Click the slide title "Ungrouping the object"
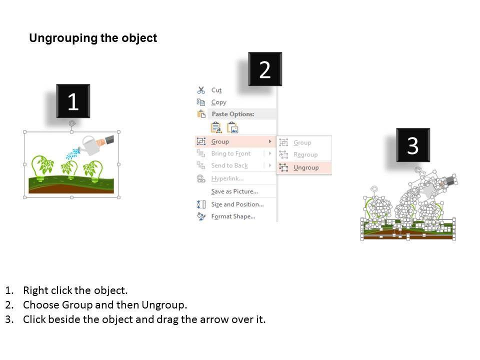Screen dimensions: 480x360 click(93, 38)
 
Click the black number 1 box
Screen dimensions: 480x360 click(73, 101)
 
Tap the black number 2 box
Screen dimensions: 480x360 click(265, 69)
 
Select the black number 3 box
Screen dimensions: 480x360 click(413, 145)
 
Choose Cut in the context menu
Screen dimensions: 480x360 click(216, 90)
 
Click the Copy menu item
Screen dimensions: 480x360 click(218, 102)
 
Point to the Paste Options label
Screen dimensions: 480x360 click(233, 114)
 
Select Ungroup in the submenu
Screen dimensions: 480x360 click(306, 167)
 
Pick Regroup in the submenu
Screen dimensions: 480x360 click(305, 154)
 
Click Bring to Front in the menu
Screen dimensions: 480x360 click(231, 153)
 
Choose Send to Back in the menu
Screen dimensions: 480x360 click(229, 165)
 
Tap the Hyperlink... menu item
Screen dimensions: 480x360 click(227, 178)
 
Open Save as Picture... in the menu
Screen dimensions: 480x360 click(234, 191)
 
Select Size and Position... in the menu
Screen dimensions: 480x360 click(237, 204)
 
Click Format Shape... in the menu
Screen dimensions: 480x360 click(233, 216)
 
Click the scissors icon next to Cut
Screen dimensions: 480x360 click(201, 90)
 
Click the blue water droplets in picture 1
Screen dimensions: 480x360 click(73, 153)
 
